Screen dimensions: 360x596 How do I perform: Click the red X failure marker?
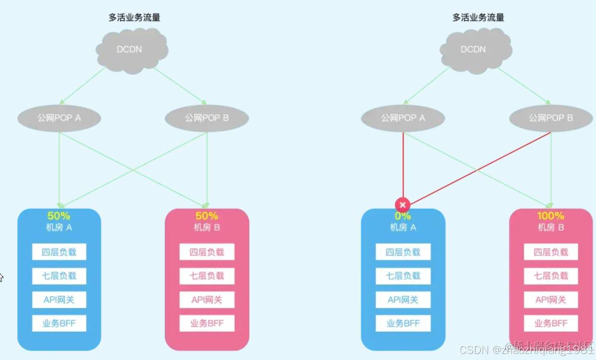[402, 205]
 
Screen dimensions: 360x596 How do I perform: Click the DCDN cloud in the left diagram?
[131, 50]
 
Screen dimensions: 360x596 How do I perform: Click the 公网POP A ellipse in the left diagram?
[59, 118]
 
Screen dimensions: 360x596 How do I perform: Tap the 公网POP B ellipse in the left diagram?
[207, 118]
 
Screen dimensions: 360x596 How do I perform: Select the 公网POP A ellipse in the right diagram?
[403, 118]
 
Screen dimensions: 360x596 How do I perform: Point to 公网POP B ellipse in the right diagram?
[551, 118]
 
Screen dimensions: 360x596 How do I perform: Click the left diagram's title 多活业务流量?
[134, 18]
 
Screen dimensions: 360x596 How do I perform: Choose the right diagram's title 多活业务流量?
[478, 18]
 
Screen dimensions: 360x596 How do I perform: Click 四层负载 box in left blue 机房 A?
[59, 252]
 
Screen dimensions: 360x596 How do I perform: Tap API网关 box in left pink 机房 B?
[207, 300]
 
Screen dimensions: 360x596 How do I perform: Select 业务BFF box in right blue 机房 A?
[403, 324]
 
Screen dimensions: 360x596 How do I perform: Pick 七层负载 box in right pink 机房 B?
[551, 276]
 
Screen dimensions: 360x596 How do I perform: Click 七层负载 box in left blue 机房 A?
[59, 276]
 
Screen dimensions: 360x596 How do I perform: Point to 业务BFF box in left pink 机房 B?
[207, 324]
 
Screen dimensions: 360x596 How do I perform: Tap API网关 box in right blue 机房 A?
[403, 300]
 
